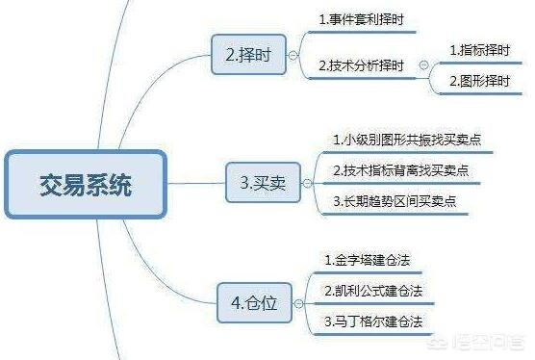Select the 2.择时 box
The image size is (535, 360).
244,56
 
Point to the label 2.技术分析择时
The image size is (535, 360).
362,65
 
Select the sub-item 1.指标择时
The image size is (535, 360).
482,47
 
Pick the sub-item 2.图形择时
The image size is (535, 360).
482,83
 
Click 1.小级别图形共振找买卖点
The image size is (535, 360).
407,141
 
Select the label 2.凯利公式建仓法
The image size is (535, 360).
373,290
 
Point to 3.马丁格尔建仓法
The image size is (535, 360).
373,321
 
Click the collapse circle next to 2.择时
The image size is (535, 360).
293,56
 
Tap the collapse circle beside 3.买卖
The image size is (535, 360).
307,181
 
